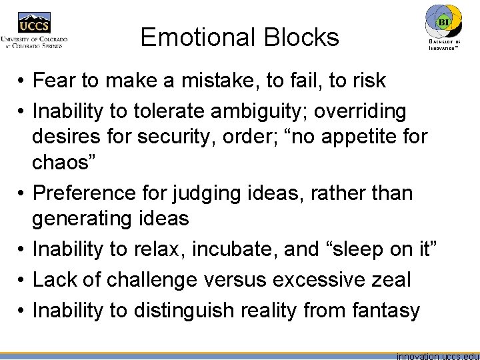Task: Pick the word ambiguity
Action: (x=249, y=111)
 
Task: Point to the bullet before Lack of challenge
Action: (x=22, y=279)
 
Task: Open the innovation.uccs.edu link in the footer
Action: (x=437, y=355)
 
